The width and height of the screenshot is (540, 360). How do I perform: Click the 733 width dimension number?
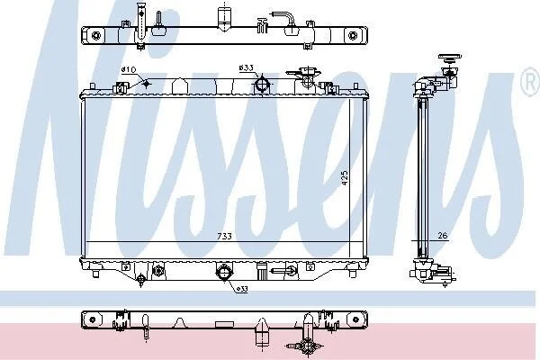[224, 236]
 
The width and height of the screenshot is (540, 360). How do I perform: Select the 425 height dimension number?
[345, 178]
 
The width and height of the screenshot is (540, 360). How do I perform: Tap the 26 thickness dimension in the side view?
[443, 235]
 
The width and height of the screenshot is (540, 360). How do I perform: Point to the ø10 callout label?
[129, 69]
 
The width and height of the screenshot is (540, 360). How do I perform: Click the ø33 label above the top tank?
[247, 67]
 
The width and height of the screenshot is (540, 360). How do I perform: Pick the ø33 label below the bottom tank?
[242, 289]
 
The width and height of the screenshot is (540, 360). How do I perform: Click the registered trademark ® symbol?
[531, 81]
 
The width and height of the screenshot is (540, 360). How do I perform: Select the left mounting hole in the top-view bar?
[96, 35]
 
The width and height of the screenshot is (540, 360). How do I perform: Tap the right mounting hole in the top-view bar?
[352, 35]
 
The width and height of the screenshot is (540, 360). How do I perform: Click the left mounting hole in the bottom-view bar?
[93, 319]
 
